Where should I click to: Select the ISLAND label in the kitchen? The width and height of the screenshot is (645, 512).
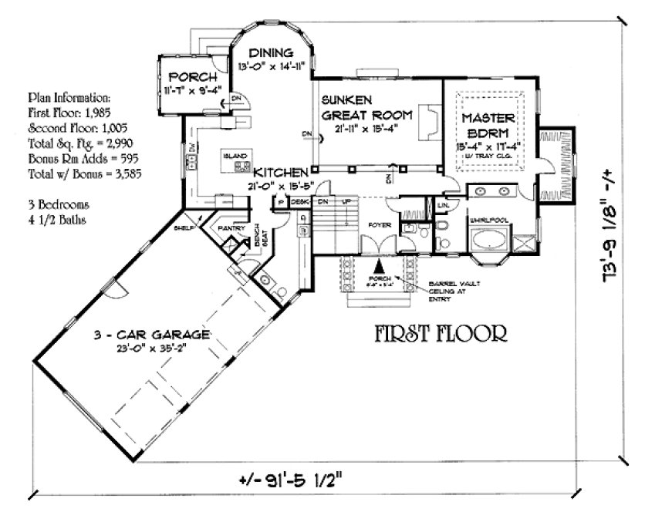234,155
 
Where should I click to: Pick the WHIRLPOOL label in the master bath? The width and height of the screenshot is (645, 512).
489,220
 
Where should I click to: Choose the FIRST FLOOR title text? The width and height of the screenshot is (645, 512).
441,334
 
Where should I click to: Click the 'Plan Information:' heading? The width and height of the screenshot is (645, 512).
69,99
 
